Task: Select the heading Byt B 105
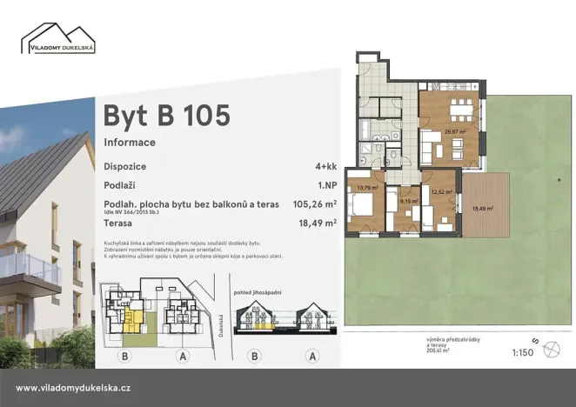click(166, 115)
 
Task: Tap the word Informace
click(130, 142)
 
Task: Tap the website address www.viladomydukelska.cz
click(74, 388)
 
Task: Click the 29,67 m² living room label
click(455, 132)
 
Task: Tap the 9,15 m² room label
click(405, 201)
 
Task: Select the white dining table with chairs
click(456, 112)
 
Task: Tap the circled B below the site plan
click(126, 357)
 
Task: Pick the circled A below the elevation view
click(312, 357)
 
